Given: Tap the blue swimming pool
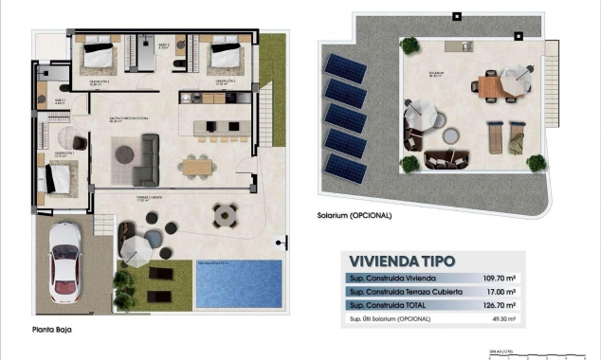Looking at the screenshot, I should [x=238, y=283].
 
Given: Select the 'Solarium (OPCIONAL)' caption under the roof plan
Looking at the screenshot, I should [x=355, y=215].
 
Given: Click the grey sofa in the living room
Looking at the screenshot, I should [x=147, y=159].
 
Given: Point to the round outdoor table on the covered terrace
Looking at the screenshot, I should [x=225, y=215].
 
